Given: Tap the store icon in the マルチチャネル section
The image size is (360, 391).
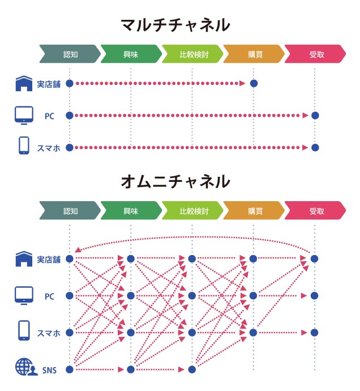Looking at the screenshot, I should click(23, 84).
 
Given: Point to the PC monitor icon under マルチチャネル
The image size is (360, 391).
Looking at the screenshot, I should click(23, 115).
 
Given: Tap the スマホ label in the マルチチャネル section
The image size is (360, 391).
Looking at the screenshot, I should click(49, 148).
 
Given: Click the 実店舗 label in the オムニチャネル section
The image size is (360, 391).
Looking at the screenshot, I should click(49, 260).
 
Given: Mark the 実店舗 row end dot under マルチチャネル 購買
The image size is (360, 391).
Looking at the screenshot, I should click(254, 83).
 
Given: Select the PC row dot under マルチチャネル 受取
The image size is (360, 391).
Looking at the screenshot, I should click(315, 116).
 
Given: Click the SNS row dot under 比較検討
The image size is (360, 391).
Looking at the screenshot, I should click(192, 369).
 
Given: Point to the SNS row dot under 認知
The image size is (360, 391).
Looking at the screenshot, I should click(70, 369).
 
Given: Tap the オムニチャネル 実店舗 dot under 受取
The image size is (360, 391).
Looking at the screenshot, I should click(315, 259).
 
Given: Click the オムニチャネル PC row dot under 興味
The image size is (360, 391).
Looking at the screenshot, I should click(131, 296).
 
